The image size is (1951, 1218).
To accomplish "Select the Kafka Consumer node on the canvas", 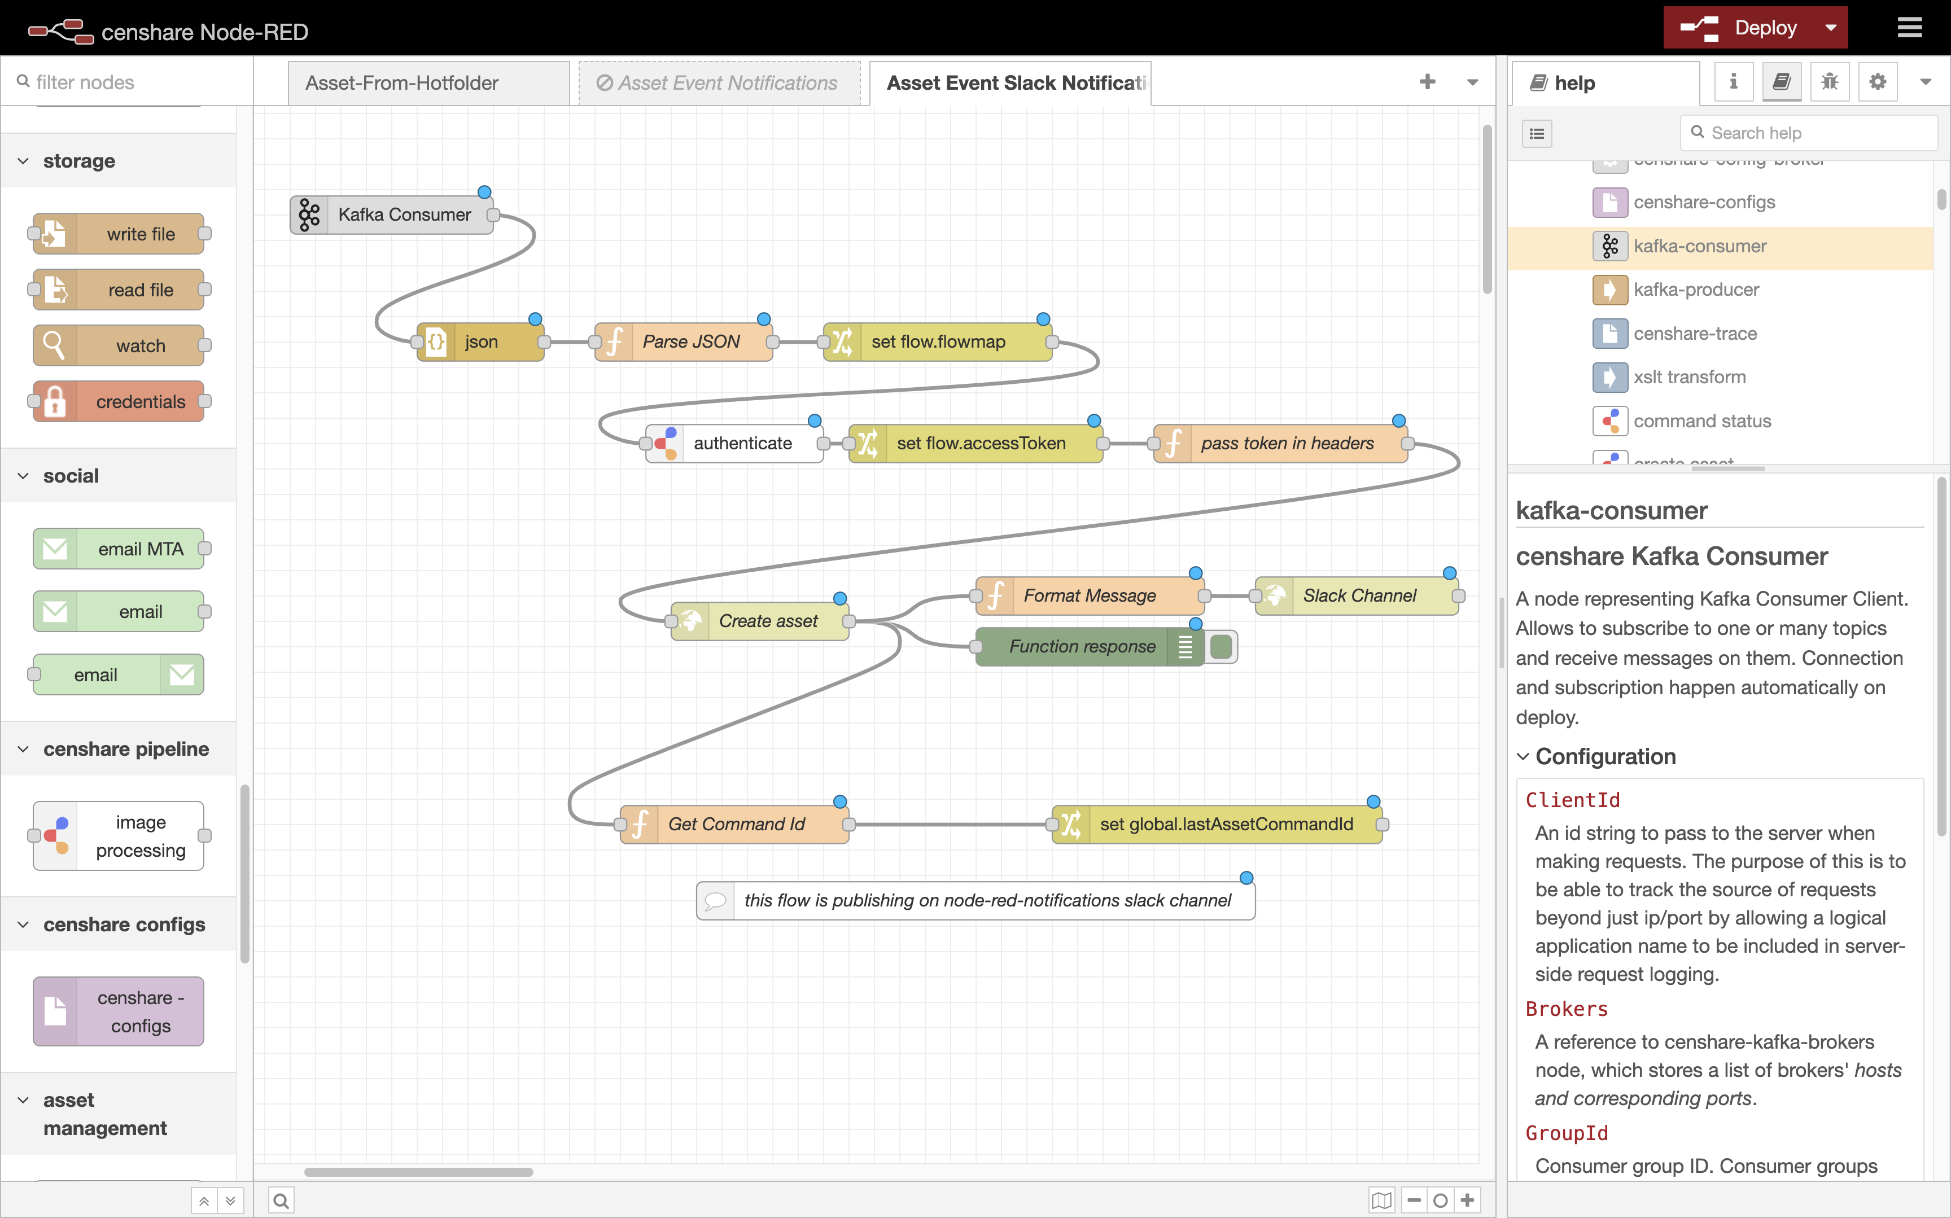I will pyautogui.click(x=403, y=215).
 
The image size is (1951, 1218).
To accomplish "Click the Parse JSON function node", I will pyautogui.click(x=690, y=341).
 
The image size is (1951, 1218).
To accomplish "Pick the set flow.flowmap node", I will pyautogui.click(x=938, y=341).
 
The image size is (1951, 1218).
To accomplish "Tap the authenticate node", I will pyautogui.click(x=742, y=443).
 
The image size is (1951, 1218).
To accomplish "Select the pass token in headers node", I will pyautogui.click(x=1287, y=443).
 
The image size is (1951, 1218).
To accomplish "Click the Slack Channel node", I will pyautogui.click(x=1359, y=596).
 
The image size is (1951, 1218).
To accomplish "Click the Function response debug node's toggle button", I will pyautogui.click(x=1221, y=647).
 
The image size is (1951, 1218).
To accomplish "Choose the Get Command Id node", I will pyautogui.click(x=736, y=824).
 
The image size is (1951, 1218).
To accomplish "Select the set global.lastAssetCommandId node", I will pyautogui.click(x=1225, y=824).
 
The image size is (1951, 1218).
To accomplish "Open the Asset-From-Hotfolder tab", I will pyautogui.click(x=402, y=83).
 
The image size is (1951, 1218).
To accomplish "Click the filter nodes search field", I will pyautogui.click(x=129, y=82).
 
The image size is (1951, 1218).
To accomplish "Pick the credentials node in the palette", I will pyautogui.click(x=140, y=402).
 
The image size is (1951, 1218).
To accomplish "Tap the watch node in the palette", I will pyautogui.click(x=140, y=345).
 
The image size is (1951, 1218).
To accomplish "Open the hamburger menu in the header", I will pyautogui.click(x=1909, y=28).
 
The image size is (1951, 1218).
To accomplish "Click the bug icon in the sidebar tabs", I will pyautogui.click(x=1830, y=82).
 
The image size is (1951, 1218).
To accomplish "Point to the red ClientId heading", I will pyautogui.click(x=1572, y=800).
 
